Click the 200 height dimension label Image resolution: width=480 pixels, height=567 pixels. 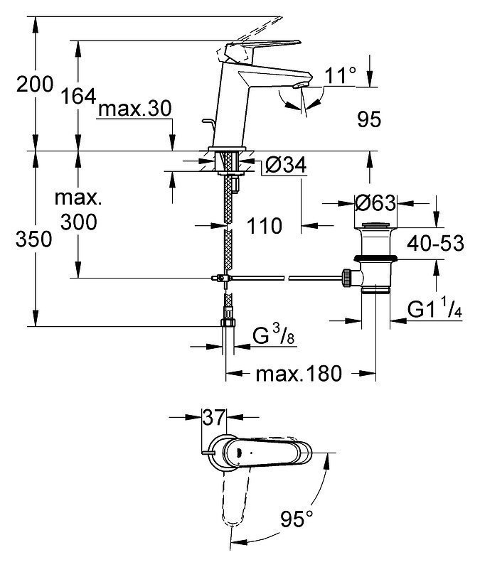pyautogui.click(x=35, y=84)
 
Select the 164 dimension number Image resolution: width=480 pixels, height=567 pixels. pyautogui.click(x=78, y=96)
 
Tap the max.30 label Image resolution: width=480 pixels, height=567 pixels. pyautogui.click(x=134, y=108)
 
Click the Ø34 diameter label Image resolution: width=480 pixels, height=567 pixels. pyautogui.click(x=286, y=165)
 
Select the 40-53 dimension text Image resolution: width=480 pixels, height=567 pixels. pyautogui.click(x=435, y=243)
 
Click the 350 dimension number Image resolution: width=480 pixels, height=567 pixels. pyautogui.click(x=34, y=239)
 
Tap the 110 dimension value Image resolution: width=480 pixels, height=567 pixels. pyautogui.click(x=265, y=226)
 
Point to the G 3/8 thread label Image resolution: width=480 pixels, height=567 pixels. pyautogui.click(x=274, y=335)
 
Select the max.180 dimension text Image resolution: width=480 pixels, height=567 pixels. pyautogui.click(x=299, y=373)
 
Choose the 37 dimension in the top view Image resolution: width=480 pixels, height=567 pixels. pyautogui.click(x=214, y=418)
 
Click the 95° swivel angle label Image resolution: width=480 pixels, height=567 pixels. pyautogui.click(x=297, y=519)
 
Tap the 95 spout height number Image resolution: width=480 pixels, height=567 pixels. pyautogui.click(x=369, y=119)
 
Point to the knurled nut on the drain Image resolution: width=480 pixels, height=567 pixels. pyautogui.click(x=347, y=278)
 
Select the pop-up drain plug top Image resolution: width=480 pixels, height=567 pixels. pyautogui.click(x=375, y=226)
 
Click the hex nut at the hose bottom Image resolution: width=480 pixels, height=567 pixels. pyautogui.click(x=228, y=323)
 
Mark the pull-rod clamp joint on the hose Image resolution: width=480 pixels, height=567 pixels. pyautogui.click(x=222, y=278)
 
